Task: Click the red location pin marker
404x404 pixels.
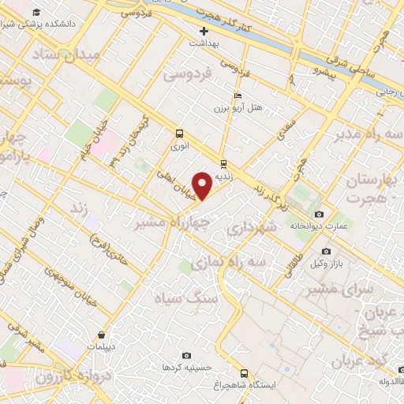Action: click(204, 185)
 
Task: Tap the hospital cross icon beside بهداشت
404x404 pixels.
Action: click(204, 32)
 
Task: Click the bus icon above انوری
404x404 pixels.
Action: click(179, 133)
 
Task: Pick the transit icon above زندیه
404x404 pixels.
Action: click(224, 164)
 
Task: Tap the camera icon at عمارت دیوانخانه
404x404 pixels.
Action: click(319, 214)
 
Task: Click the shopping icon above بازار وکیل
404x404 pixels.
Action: click(318, 250)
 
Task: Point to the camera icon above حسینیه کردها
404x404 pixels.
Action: click(186, 356)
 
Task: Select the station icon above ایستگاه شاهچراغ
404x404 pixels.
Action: click(243, 373)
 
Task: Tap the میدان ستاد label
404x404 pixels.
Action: click(67, 55)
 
